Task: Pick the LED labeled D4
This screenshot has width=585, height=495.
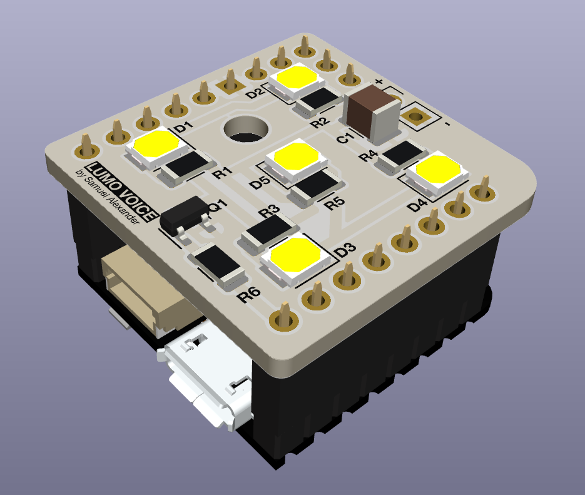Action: click(x=437, y=173)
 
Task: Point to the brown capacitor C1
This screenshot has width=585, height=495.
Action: click(x=374, y=114)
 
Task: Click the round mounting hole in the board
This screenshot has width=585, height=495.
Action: click(x=246, y=130)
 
